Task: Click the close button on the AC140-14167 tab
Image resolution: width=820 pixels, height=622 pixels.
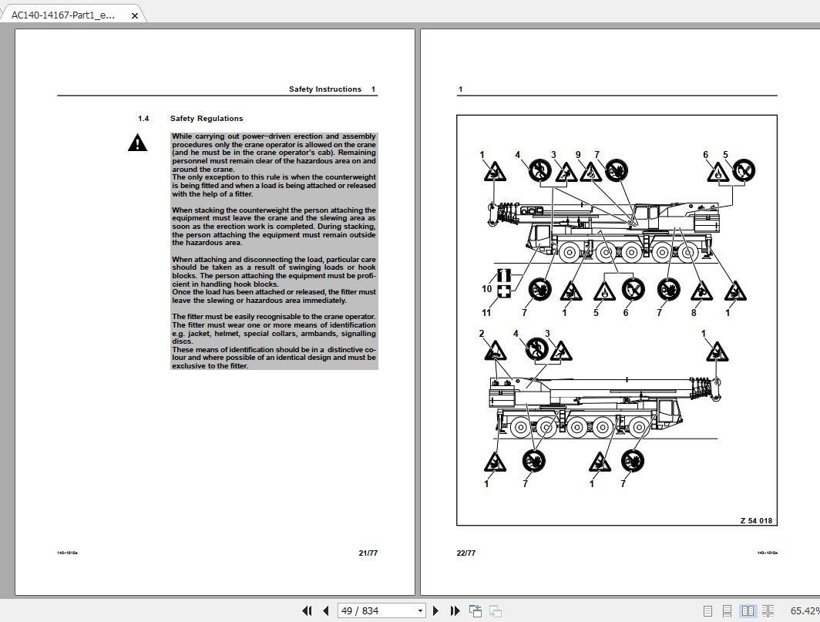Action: pos(134,15)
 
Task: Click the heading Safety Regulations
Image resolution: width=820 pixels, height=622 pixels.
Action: pos(206,119)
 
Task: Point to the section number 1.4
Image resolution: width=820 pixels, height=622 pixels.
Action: pos(143,119)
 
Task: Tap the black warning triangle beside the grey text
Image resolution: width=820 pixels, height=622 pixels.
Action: pos(137,143)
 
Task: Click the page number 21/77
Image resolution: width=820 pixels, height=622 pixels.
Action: pos(368,553)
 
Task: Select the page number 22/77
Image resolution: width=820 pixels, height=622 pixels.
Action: pos(466,553)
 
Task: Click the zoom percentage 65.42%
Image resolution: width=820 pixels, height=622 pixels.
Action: pos(804,610)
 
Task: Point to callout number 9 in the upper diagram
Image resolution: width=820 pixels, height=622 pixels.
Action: pos(578,156)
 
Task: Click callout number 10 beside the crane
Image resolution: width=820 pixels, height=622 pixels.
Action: pos(486,289)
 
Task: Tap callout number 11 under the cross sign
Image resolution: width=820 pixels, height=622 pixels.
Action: pos(486,312)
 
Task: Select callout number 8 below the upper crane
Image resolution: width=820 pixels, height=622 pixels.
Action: pos(694,312)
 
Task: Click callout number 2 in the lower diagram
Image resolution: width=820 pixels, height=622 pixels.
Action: pos(482,335)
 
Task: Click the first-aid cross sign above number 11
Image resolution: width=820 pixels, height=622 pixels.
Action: pos(504,291)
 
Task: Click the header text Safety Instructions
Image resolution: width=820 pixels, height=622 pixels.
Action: pos(324,89)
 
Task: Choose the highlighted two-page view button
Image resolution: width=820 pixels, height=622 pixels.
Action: pos(748,610)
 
